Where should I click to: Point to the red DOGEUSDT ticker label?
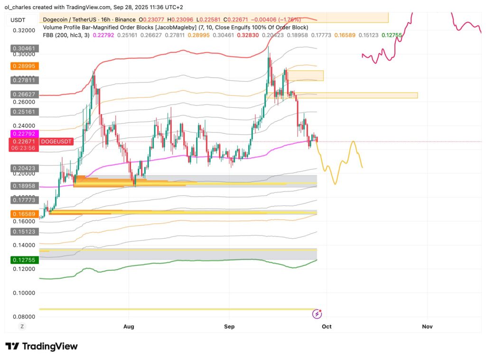tap(56, 142)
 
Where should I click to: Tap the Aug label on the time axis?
tap(129, 326)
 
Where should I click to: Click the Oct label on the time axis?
tap(326, 326)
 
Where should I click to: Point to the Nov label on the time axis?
tap(427, 326)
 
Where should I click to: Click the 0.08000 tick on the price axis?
tap(24, 317)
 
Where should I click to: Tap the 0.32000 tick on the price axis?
tap(24, 30)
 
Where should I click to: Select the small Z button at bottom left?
tap(22, 326)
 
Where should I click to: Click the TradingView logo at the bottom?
tap(41, 346)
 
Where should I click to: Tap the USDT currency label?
tap(18, 20)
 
